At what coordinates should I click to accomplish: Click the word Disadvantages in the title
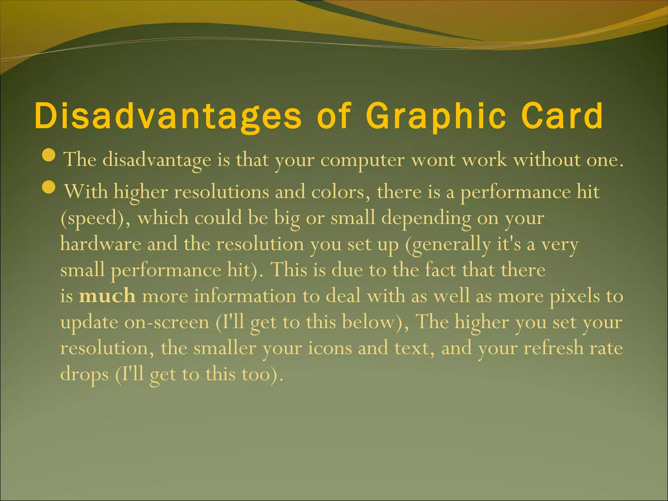click(x=168, y=116)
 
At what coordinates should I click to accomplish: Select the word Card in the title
click(x=562, y=116)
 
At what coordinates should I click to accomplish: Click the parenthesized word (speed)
click(x=96, y=218)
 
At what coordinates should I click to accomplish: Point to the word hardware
click(x=100, y=244)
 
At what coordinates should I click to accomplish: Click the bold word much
click(x=107, y=296)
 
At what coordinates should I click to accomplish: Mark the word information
click(x=245, y=296)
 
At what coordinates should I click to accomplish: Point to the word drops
click(x=84, y=374)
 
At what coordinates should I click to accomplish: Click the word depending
click(x=426, y=218)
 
